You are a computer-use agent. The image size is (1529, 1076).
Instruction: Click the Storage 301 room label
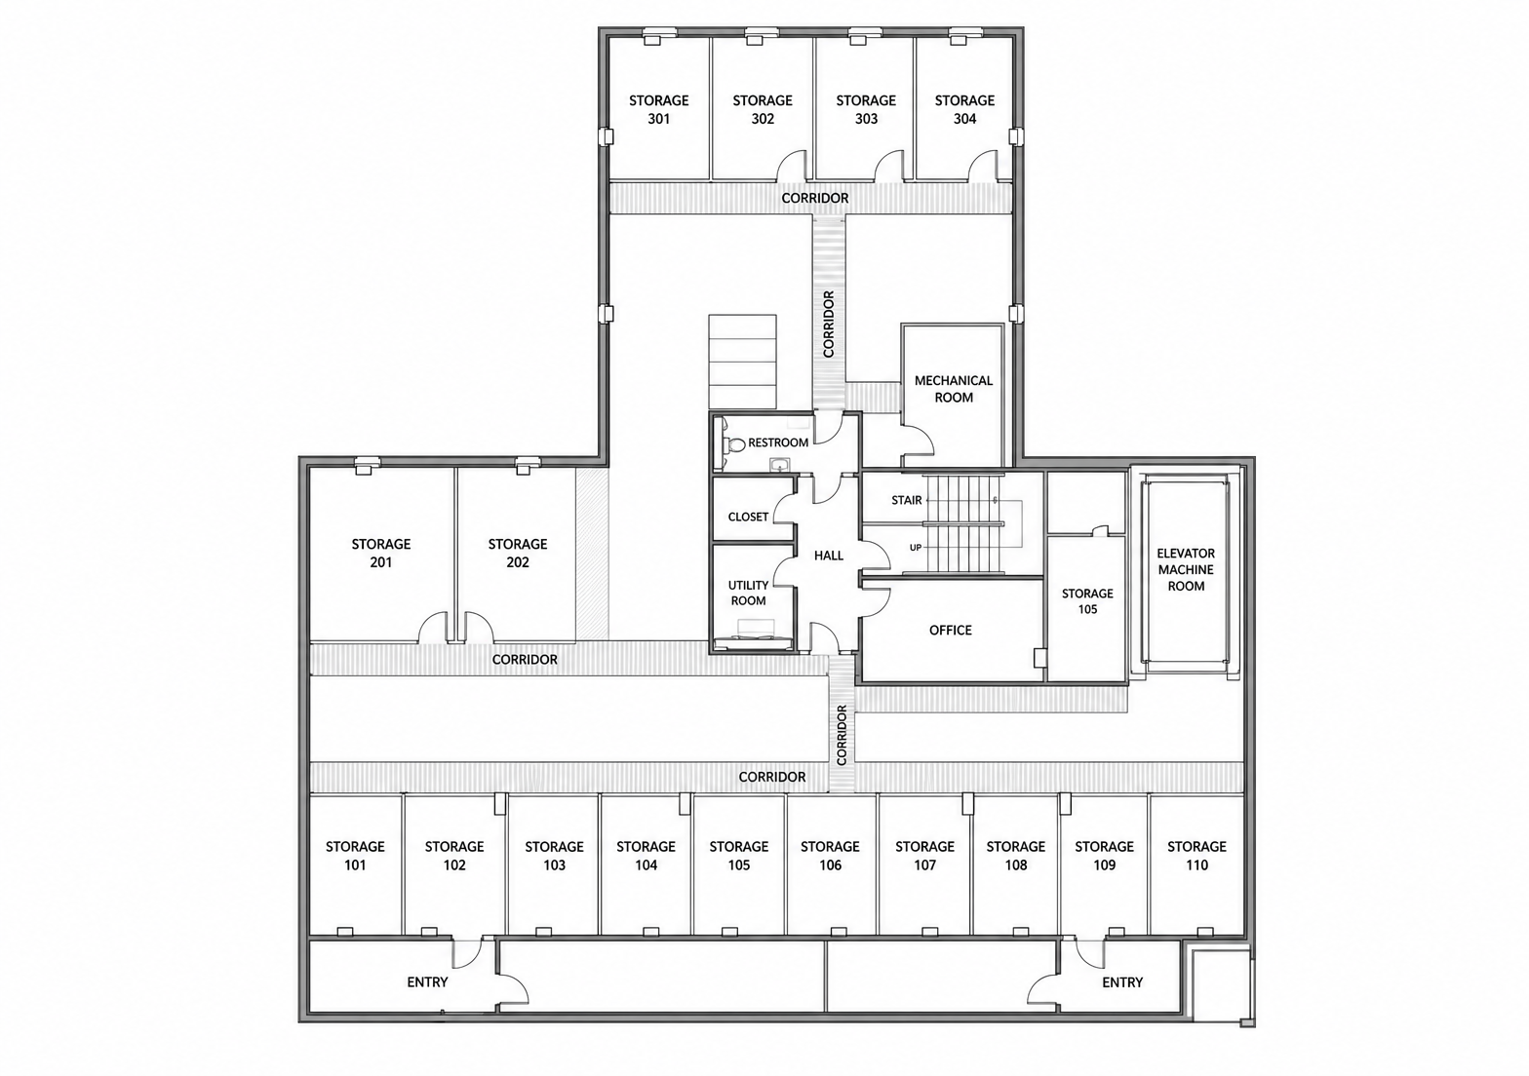pos(659,109)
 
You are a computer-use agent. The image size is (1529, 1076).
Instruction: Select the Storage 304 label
pos(964,109)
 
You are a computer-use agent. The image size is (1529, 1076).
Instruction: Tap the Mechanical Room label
pos(954,389)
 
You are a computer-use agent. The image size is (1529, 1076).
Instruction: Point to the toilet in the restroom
pos(733,445)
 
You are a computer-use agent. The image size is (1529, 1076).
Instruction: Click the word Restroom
pos(778,442)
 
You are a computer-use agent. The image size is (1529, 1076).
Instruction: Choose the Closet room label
pos(748,517)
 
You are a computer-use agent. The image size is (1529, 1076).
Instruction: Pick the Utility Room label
pos(748,593)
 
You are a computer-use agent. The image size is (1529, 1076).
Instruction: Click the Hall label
pos(829,556)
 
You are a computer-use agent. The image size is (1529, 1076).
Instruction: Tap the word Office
pos(950,630)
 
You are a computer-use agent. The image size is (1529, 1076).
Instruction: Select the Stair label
pos(907,500)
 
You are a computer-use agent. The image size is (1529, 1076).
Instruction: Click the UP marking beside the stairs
pos(916,547)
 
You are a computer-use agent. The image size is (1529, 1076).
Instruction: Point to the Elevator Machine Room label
pos(1187,569)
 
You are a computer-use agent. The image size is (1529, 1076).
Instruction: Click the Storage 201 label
pos(381,553)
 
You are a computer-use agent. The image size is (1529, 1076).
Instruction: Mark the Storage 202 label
pos(518,553)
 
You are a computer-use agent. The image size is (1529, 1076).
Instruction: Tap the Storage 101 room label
pos(355,856)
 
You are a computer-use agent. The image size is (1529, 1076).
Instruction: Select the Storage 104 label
pos(646,856)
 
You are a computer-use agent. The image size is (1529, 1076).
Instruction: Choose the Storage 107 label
pos(924,856)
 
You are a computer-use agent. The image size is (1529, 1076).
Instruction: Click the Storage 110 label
pos(1196,856)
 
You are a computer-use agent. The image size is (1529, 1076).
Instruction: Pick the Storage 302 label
pos(763,109)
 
